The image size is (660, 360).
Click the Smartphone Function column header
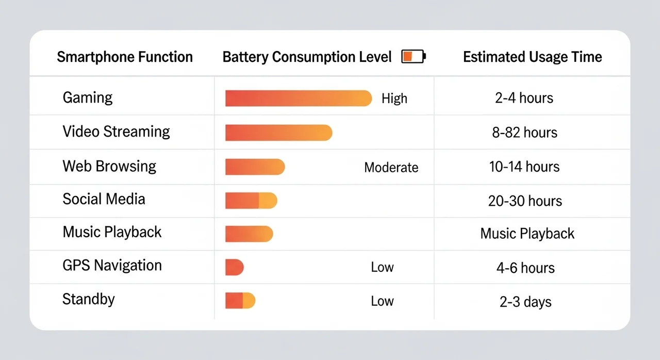point(125,57)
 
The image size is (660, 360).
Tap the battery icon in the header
point(414,56)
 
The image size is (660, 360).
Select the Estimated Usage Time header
point(532,57)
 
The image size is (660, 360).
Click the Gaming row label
point(88,97)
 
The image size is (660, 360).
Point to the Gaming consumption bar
point(298,98)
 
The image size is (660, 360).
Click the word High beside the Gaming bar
point(394,99)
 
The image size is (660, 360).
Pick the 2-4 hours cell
point(524,98)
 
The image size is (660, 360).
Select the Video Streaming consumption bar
point(278,133)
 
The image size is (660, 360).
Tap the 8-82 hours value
point(524,133)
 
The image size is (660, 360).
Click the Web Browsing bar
point(255,167)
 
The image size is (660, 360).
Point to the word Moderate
point(391,168)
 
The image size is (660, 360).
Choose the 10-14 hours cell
point(524,167)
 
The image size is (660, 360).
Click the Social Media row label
point(104,199)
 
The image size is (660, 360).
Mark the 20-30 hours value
point(525,201)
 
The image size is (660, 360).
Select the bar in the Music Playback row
point(249,234)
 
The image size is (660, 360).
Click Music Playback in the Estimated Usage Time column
point(527,234)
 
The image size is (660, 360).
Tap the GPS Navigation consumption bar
point(234,267)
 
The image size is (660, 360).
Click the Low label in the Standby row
point(382,301)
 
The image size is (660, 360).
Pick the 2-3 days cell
point(525,302)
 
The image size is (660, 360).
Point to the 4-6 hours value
point(525,268)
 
